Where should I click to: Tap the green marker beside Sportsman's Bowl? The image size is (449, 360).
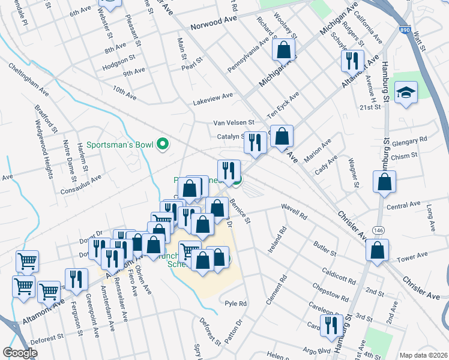coord(161,145)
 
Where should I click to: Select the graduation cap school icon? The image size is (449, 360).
coord(406,93)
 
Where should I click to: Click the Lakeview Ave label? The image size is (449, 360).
coord(212,95)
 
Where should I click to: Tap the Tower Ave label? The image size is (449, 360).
coord(412,256)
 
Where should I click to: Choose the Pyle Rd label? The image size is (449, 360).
coord(236,304)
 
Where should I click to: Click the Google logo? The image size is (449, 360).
coord(20,353)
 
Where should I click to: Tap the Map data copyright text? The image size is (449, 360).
coord(423,355)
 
